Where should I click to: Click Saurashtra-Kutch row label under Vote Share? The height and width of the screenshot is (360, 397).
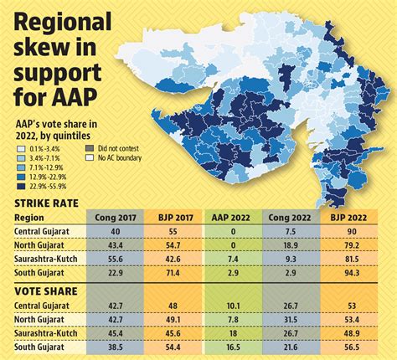46,332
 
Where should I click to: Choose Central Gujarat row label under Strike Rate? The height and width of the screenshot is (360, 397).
42,231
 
